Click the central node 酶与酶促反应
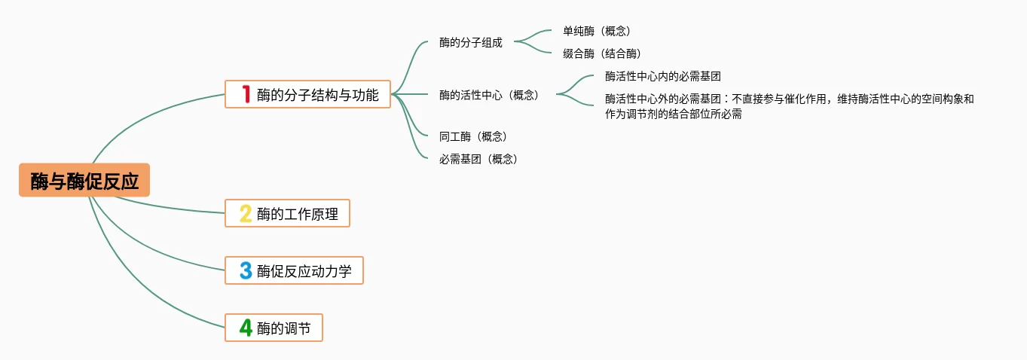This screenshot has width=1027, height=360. coord(84,181)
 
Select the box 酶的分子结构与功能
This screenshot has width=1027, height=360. coord(307,94)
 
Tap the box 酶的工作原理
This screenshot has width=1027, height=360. coord(287,213)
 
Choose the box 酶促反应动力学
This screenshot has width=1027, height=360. coord(294,270)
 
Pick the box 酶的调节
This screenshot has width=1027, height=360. coord(274,328)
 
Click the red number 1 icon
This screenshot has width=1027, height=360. coord(246,94)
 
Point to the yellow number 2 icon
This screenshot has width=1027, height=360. coord(246,213)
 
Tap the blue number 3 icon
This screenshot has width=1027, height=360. coord(246,270)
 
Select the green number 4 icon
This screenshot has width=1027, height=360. coord(246,328)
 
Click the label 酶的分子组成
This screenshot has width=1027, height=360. coord(470,42)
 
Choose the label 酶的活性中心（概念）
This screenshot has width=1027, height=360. coord(489,95)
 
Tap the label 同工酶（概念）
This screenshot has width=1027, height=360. coord(472,136)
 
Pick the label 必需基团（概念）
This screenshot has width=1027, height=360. coord(478,159)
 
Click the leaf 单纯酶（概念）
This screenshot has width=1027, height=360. coord(596,31)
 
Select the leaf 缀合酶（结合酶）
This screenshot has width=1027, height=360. coord(601,53)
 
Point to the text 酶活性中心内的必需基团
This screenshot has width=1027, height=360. coord(663,76)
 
